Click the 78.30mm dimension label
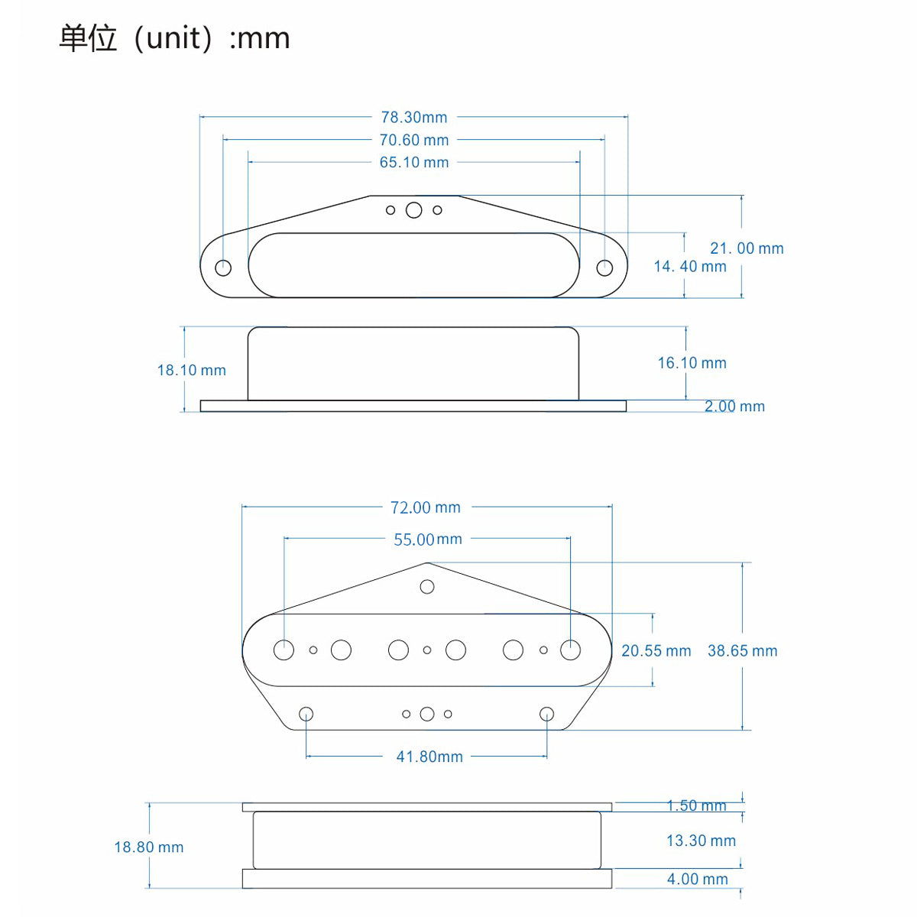coord(414,118)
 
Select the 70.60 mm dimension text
coord(414,141)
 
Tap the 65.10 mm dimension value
coord(414,163)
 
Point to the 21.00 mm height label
coord(747,248)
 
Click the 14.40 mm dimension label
coord(690,267)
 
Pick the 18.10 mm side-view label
coord(192,371)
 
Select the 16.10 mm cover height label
coord(692,363)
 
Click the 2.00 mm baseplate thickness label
coord(734,407)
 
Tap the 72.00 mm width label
coord(426,507)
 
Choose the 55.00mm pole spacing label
coord(428,540)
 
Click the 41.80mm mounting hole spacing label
coord(429,757)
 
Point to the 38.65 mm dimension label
coord(742,651)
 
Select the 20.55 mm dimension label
coord(656,651)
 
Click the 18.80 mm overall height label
coord(149,847)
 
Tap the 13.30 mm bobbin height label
coord(701,841)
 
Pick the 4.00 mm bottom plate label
coord(697,880)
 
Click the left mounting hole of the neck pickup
coord(223,267)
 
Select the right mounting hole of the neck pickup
coord(604,267)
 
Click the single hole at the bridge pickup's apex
coord(427,587)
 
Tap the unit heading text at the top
coord(175,38)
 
